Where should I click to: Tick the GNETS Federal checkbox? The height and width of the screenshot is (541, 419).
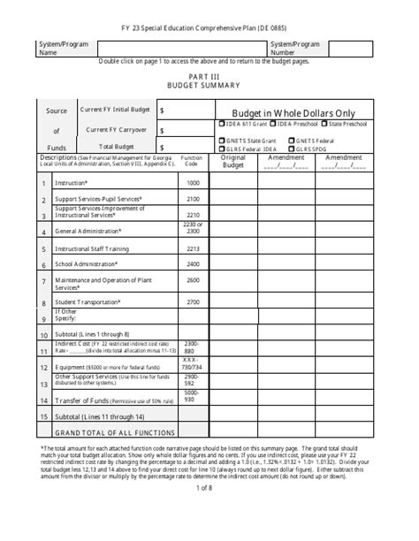pos(292,140)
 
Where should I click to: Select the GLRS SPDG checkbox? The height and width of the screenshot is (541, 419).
pos(292,148)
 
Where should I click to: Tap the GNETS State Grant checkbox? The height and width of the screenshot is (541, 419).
pos(221,140)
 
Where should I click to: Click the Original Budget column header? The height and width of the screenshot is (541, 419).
pos(233,162)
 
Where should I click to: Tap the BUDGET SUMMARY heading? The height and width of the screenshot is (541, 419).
pos(209,88)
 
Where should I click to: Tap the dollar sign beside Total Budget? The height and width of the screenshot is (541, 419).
pos(163,148)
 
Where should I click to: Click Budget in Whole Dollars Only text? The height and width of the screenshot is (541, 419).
pos(293,113)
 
